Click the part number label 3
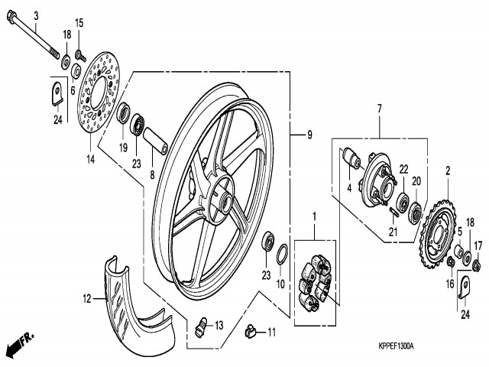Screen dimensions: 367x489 point(35,15)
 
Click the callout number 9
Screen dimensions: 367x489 point(309,136)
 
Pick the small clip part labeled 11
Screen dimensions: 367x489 point(248,330)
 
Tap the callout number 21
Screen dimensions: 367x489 point(393,232)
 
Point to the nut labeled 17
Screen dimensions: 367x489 point(476,265)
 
